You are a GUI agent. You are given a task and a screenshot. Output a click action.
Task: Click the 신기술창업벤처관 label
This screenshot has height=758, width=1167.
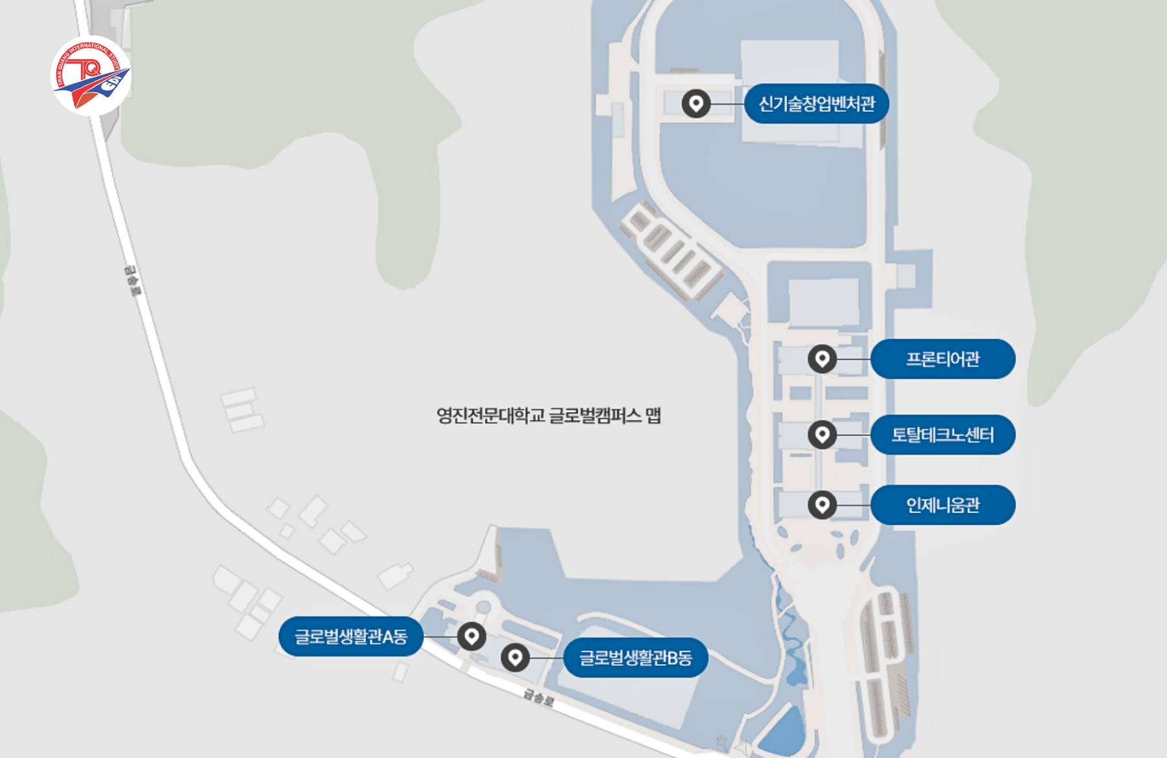pos(816,104)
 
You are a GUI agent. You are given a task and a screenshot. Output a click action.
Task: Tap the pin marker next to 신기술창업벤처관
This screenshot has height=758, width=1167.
pos(696,104)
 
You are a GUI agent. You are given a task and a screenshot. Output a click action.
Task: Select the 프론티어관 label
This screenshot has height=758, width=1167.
pos(943,359)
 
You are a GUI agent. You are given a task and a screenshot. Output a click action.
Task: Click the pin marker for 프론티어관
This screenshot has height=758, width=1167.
pos(822,358)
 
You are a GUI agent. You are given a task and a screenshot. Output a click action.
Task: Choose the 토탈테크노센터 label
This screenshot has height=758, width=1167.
pos(943,435)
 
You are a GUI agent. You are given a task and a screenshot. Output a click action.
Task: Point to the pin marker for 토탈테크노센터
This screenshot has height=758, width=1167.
pos(822,434)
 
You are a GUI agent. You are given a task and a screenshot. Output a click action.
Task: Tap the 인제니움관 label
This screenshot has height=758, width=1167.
pos(943,505)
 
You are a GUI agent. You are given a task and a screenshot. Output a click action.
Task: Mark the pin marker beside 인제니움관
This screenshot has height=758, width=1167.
pos(822,504)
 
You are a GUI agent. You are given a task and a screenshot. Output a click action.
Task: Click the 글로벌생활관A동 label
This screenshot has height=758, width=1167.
pos(351,637)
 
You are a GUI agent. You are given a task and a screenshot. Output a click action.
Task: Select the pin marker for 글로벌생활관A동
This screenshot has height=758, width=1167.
pos(471,636)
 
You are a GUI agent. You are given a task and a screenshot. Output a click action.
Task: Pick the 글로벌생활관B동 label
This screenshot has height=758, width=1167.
pos(635,658)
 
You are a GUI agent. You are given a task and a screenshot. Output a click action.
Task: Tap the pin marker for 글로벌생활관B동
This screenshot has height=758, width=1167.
pos(515,658)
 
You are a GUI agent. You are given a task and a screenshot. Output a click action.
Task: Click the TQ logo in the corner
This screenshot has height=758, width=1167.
pos(91,76)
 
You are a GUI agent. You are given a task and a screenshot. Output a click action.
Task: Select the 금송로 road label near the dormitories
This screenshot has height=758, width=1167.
pos(539,698)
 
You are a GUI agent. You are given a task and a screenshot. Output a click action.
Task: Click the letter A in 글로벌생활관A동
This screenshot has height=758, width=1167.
pos(388,637)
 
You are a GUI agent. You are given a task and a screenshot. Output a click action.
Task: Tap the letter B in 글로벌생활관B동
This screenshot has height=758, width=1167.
pos(673,659)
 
